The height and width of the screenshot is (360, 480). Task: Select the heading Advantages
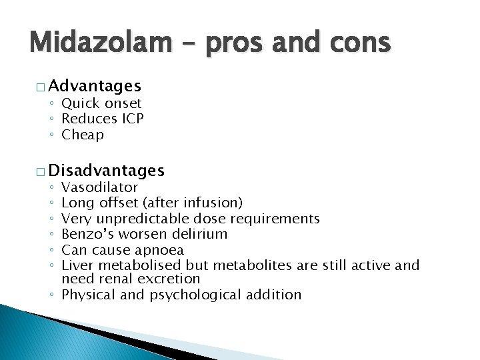(x=95, y=85)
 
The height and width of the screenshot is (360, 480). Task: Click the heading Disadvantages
(x=107, y=170)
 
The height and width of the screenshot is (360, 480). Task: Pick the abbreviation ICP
(x=132, y=119)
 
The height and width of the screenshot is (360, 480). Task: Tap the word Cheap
(x=83, y=135)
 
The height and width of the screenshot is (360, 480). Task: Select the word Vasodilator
(x=99, y=187)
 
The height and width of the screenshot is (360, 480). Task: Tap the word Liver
(x=76, y=265)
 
